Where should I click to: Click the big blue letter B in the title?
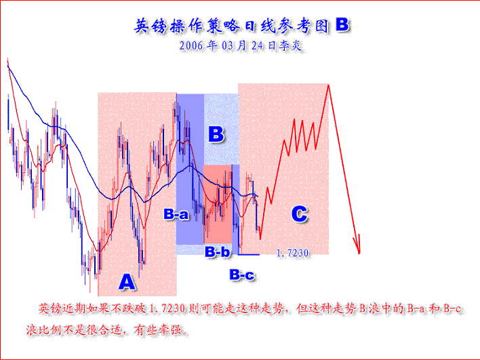[342, 25]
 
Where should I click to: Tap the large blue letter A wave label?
[126, 280]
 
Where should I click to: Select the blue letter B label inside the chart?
[216, 134]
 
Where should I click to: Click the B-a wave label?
[176, 214]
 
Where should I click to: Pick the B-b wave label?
[218, 252]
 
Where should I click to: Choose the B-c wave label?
[241, 275]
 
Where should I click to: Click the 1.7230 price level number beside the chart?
[293, 254]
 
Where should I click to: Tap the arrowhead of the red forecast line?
[358, 249]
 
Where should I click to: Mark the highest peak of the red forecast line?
[329, 85]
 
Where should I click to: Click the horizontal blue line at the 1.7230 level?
[249, 255]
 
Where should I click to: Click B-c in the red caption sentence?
[450, 309]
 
